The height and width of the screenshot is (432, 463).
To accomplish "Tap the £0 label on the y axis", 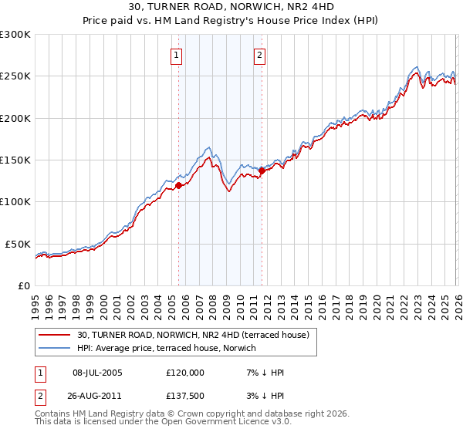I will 25,285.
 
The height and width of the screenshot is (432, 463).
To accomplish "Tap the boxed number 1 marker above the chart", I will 177,55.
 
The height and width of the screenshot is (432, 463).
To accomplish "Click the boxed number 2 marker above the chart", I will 260,55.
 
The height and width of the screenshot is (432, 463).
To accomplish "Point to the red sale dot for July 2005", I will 178,185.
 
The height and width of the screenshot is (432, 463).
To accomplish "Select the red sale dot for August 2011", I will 262,171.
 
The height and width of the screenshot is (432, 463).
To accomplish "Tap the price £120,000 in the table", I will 184,373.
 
